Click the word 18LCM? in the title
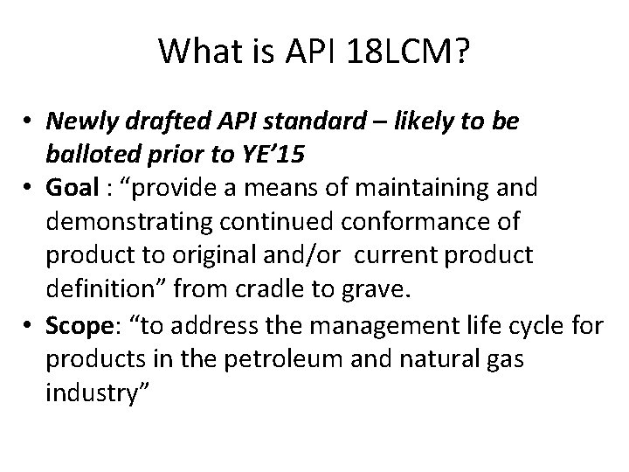409,52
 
